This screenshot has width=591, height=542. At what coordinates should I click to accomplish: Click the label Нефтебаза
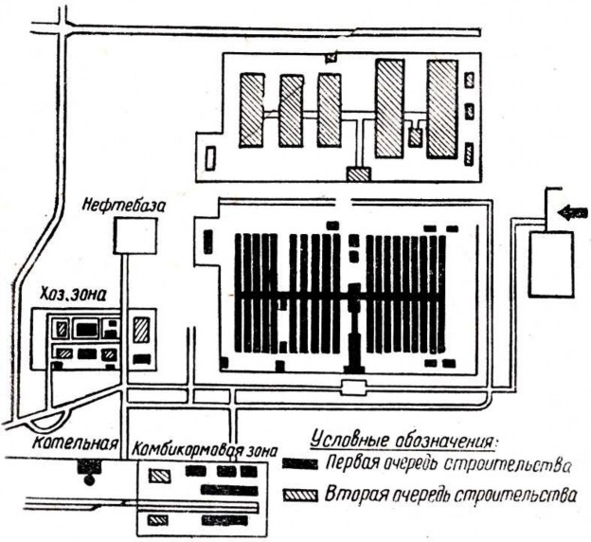[x=124, y=206]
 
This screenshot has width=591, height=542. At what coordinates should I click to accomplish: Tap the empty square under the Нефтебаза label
[x=135, y=236]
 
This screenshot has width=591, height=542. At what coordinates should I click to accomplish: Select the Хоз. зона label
[x=73, y=294]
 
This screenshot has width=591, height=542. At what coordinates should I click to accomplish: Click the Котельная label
[x=75, y=443]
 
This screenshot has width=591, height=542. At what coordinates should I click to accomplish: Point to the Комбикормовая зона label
[x=205, y=450]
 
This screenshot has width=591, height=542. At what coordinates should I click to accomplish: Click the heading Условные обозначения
[x=403, y=441]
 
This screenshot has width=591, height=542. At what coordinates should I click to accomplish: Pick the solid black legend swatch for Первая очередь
[x=299, y=464]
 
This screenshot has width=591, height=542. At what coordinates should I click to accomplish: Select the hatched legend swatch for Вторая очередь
[x=300, y=495]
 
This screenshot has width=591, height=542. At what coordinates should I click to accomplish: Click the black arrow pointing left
[x=572, y=213]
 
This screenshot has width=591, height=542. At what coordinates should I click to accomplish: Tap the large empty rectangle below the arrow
[x=551, y=264]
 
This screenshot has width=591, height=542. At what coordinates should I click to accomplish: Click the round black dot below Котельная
[x=89, y=480]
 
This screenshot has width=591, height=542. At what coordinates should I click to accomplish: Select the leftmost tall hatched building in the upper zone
[x=251, y=110]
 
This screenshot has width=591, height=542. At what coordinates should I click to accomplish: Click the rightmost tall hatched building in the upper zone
[x=442, y=109]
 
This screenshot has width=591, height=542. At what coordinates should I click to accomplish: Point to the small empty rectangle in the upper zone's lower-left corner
[x=210, y=157]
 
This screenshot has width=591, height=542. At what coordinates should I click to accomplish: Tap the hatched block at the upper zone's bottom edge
[x=358, y=174]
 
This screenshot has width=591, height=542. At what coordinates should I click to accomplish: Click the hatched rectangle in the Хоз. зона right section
[x=142, y=330]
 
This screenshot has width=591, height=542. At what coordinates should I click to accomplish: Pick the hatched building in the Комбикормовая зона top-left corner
[x=160, y=476]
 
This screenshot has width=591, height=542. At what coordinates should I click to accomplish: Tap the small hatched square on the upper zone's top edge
[x=331, y=58]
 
